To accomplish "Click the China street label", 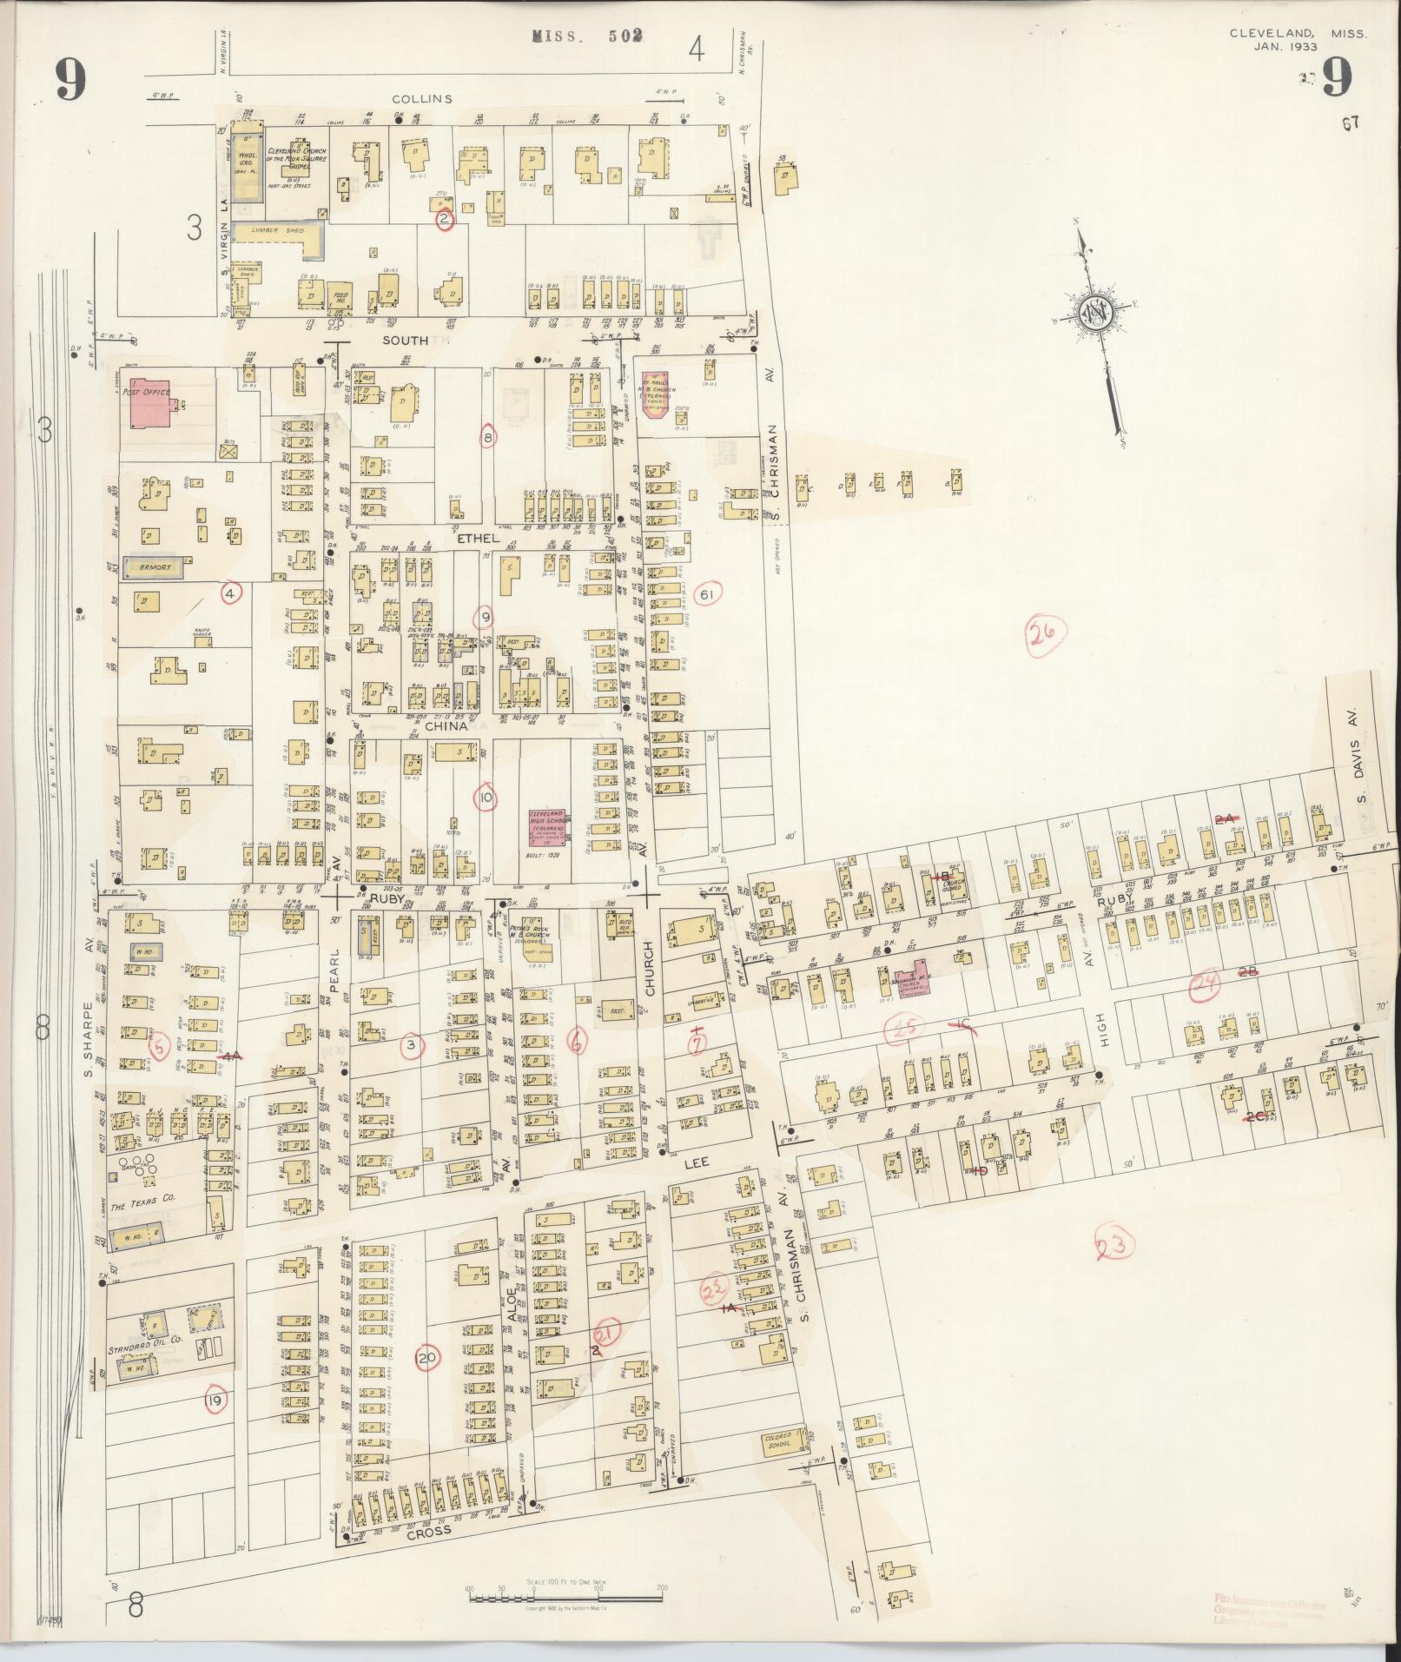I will coord(446,725).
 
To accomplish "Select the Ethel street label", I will coord(474,539).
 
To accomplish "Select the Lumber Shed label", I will coord(269,231).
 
